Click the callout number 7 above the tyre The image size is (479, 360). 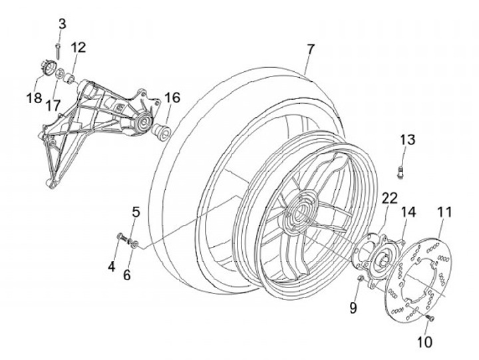pyautogui.click(x=311, y=49)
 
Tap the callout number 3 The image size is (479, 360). pyautogui.click(x=62, y=24)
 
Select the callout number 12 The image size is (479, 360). pyautogui.click(x=79, y=47)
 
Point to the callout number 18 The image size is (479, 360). pyautogui.click(x=34, y=98)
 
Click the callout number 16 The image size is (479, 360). pyautogui.click(x=172, y=98)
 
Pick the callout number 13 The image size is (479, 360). pyautogui.click(x=408, y=140)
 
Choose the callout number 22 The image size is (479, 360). pyautogui.click(x=390, y=198)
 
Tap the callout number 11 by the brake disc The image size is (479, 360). pyautogui.click(x=444, y=212)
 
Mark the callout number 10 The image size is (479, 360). pyautogui.click(x=424, y=342)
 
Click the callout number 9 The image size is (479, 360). pyautogui.click(x=353, y=307)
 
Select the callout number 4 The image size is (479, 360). pyautogui.click(x=112, y=266)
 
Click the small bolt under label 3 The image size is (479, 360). pyautogui.click(x=58, y=51)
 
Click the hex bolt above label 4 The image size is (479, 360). pyautogui.click(x=122, y=237)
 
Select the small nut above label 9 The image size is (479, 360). pyautogui.click(x=361, y=278)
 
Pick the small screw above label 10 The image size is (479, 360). pyautogui.click(x=430, y=318)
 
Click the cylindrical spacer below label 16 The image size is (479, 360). pyautogui.click(x=162, y=132)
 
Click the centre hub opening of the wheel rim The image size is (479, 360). pyautogui.click(x=300, y=210)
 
